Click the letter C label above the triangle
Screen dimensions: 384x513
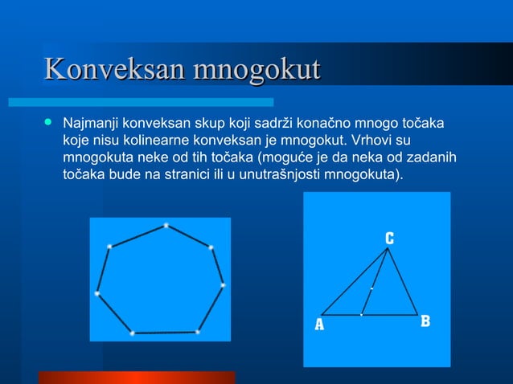click(388, 238)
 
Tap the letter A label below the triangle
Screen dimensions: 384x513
click(318, 325)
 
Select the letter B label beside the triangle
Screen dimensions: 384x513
click(425, 321)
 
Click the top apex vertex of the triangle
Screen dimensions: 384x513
click(388, 248)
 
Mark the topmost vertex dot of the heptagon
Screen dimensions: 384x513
click(166, 225)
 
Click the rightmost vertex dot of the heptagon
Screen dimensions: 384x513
click(223, 284)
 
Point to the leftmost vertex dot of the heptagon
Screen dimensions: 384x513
click(96, 293)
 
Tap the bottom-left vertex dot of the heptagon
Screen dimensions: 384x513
click(132, 333)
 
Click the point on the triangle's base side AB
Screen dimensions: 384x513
click(362, 314)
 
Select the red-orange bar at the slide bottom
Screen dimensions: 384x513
click(137, 377)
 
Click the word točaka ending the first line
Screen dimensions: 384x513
click(422, 125)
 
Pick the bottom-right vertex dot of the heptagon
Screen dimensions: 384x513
click(198, 331)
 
